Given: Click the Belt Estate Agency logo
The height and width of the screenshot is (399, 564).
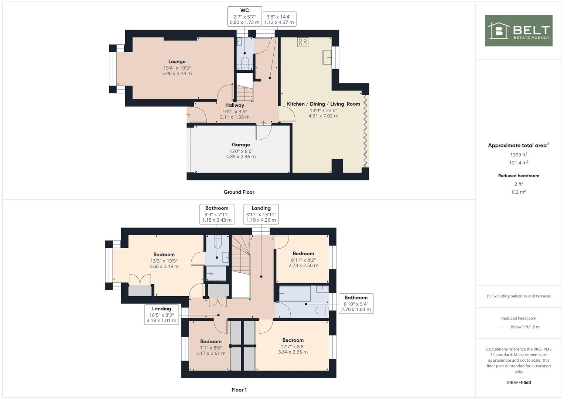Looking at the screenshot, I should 518,30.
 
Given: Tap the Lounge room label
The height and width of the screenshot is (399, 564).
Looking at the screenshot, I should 177,62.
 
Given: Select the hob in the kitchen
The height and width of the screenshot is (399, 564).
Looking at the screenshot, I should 302,42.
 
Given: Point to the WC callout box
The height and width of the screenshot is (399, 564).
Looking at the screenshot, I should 245,16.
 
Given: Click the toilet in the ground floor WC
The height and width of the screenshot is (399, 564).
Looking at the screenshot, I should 245,61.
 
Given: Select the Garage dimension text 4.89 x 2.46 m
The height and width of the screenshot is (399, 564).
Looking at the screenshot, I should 241,157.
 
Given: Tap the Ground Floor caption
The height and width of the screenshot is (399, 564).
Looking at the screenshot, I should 239,192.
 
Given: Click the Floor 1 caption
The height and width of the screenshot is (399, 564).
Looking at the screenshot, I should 239,390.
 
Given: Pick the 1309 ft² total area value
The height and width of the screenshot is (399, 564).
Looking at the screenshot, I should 519,155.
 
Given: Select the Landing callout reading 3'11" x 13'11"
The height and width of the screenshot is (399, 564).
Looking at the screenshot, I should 261,214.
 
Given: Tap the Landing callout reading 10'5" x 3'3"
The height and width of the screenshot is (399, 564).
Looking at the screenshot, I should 161,314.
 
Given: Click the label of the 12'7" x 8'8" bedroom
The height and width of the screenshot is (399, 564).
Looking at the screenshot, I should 293,340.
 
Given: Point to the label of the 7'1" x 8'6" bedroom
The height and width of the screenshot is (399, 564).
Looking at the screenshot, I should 211,342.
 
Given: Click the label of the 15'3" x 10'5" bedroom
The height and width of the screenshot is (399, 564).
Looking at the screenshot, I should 164,255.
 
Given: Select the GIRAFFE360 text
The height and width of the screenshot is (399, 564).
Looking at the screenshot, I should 519,383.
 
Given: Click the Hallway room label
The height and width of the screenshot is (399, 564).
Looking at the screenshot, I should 235,105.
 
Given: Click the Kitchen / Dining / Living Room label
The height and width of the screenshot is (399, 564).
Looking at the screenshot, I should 323,104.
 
